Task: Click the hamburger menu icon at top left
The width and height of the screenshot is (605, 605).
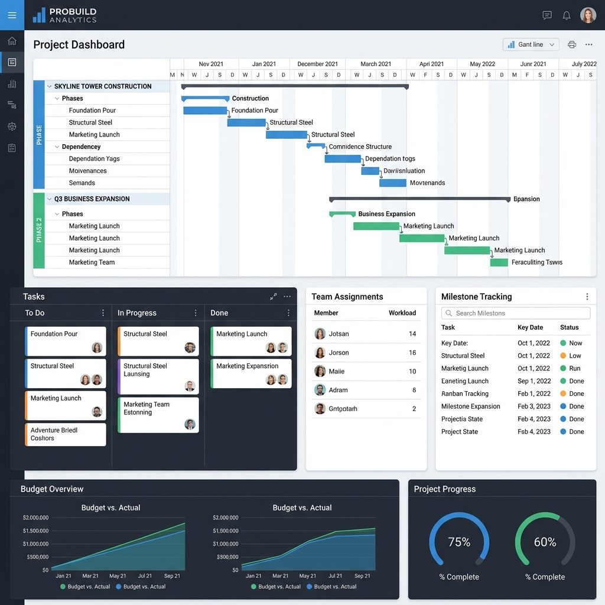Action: click(x=12, y=15)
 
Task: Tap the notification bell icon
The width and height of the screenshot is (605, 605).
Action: click(x=566, y=15)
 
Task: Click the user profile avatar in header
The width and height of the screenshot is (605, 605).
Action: click(x=588, y=15)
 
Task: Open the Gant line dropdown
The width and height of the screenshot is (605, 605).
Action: click(x=531, y=44)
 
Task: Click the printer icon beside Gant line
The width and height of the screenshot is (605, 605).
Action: click(x=571, y=44)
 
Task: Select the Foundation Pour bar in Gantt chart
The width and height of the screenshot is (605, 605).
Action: click(x=205, y=110)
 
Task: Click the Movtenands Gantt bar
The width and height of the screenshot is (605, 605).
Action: click(x=392, y=183)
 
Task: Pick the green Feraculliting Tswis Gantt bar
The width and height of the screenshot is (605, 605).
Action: click(x=499, y=262)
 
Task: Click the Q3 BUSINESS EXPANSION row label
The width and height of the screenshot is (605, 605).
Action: click(x=92, y=199)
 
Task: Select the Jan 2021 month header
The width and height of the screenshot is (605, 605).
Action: click(x=264, y=64)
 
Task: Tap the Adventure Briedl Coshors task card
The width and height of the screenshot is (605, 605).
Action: click(x=65, y=434)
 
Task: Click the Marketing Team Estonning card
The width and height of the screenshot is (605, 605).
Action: click(x=158, y=415)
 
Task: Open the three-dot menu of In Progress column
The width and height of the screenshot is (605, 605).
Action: click(x=196, y=313)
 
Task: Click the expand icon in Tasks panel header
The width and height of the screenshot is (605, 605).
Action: click(x=273, y=297)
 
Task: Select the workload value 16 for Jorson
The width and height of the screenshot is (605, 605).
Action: click(x=412, y=353)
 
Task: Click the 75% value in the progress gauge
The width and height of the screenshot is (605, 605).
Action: click(x=459, y=542)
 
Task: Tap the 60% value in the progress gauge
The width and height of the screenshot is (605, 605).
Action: click(x=545, y=542)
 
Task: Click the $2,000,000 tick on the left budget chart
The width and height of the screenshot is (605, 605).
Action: click(x=35, y=518)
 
